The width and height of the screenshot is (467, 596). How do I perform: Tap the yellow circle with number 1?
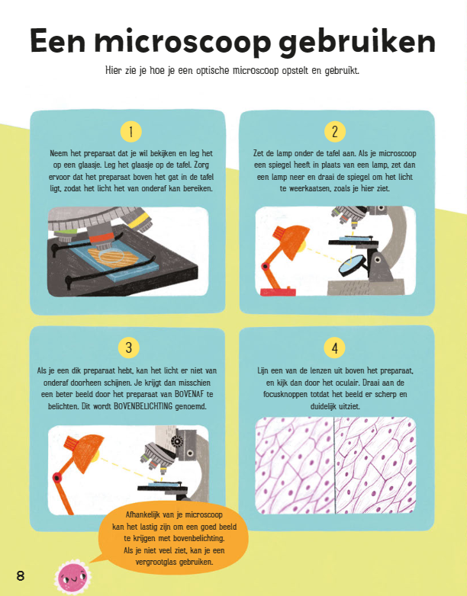point(131,132)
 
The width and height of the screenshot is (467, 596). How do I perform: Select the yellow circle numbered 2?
point(335,132)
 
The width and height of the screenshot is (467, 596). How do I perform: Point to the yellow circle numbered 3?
point(129,348)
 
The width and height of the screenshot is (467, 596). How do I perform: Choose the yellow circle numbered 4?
point(334,348)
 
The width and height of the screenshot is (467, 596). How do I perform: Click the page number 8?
point(20,575)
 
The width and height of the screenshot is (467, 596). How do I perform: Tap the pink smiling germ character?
point(72,578)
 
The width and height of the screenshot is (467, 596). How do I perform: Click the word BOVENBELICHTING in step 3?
point(143,406)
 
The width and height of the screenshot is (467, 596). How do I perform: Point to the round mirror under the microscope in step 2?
point(351,265)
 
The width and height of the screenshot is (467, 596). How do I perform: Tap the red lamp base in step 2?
point(278,292)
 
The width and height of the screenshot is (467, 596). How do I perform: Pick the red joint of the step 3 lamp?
point(57,477)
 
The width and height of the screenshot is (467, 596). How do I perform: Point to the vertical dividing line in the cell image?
point(334,465)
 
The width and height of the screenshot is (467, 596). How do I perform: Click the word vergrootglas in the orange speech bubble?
point(156,562)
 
